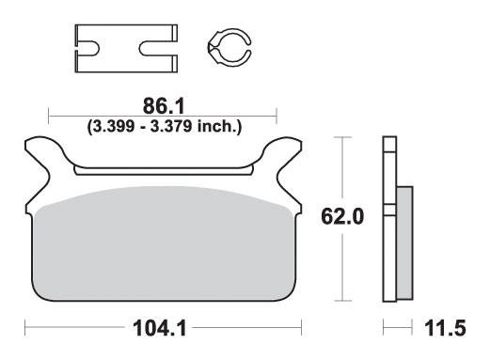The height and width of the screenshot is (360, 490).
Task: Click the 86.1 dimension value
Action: (164, 106)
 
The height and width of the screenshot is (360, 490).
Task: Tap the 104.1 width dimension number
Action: (159, 328)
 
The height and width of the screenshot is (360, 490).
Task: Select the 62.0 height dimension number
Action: (342, 216)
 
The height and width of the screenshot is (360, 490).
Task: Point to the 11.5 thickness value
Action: (445, 328)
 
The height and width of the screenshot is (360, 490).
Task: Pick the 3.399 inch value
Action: (111, 126)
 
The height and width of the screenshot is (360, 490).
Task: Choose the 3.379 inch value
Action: (171, 126)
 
